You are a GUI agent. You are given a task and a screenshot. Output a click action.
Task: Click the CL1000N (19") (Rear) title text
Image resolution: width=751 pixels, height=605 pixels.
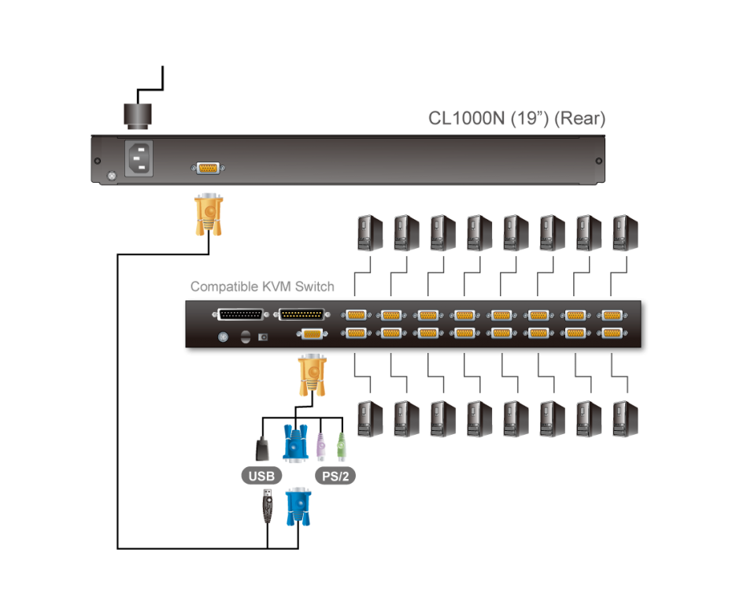click(x=516, y=119)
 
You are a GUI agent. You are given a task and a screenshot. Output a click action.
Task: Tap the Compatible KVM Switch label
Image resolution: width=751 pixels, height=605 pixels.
click(x=262, y=287)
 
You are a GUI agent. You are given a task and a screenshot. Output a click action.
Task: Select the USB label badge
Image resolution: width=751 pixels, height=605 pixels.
click(x=261, y=476)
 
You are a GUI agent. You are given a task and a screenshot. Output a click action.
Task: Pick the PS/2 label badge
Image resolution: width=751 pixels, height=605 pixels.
click(x=335, y=476)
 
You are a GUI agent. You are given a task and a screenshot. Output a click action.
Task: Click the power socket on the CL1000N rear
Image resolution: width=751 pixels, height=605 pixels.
click(x=139, y=158)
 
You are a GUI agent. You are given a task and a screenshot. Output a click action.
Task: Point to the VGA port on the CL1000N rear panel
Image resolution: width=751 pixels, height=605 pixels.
click(x=207, y=168)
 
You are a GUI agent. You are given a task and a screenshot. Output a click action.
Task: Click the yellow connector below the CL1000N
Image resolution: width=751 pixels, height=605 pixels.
click(x=208, y=214)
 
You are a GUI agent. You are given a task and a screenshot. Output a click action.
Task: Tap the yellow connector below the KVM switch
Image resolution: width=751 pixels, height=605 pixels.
click(x=311, y=376)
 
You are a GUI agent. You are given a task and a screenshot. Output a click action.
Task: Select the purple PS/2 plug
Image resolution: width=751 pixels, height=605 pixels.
click(x=321, y=447)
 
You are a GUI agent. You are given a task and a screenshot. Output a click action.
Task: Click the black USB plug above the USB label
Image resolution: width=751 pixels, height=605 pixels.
click(x=262, y=448)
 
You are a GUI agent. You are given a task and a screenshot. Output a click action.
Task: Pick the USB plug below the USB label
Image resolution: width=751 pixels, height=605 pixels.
click(x=268, y=506)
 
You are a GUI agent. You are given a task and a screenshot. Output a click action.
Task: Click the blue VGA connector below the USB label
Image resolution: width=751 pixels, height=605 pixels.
click(x=298, y=507)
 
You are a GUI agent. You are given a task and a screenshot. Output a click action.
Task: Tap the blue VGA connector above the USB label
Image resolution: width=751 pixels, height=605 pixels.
click(x=294, y=443)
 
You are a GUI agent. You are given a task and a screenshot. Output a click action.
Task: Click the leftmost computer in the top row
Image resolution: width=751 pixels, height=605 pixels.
click(x=370, y=232)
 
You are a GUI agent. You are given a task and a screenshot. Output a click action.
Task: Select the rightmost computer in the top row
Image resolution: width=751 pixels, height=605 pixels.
click(x=625, y=232)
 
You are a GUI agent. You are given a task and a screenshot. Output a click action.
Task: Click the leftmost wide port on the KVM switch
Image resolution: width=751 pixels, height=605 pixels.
click(x=238, y=314)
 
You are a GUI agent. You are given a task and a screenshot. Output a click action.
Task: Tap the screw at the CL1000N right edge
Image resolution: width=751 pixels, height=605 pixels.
click(x=598, y=160)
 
